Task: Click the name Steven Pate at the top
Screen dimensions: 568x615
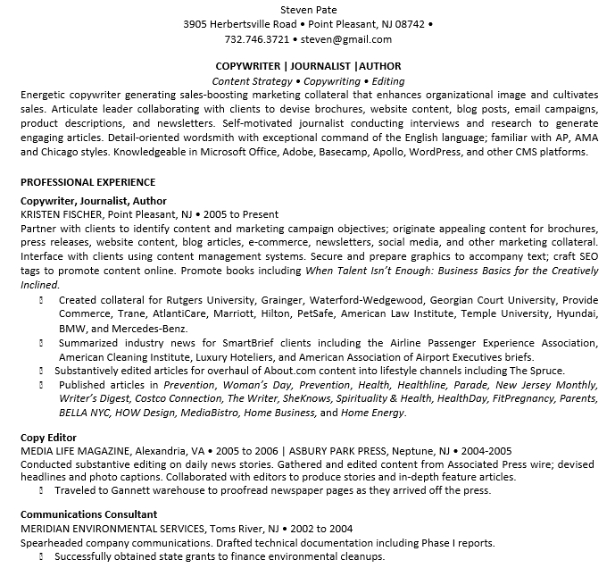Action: [308, 10]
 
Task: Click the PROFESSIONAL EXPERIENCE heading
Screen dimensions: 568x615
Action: [87, 182]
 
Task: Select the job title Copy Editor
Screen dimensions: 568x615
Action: [48, 438]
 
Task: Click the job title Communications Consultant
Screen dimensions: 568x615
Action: [88, 514]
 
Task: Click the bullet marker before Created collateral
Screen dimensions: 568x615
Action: [42, 300]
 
